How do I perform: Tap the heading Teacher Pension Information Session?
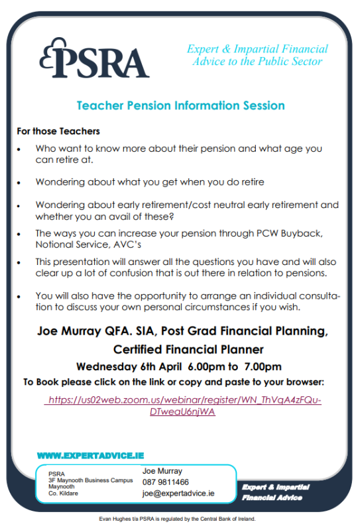point(180,105)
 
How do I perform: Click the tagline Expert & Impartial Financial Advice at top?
point(257,55)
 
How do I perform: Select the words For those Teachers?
point(58,131)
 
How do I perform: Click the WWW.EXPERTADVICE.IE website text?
point(90,456)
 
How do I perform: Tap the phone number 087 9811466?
point(166,482)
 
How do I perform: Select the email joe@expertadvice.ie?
point(178,493)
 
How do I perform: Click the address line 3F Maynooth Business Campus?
point(90,480)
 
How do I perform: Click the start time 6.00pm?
point(208,366)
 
